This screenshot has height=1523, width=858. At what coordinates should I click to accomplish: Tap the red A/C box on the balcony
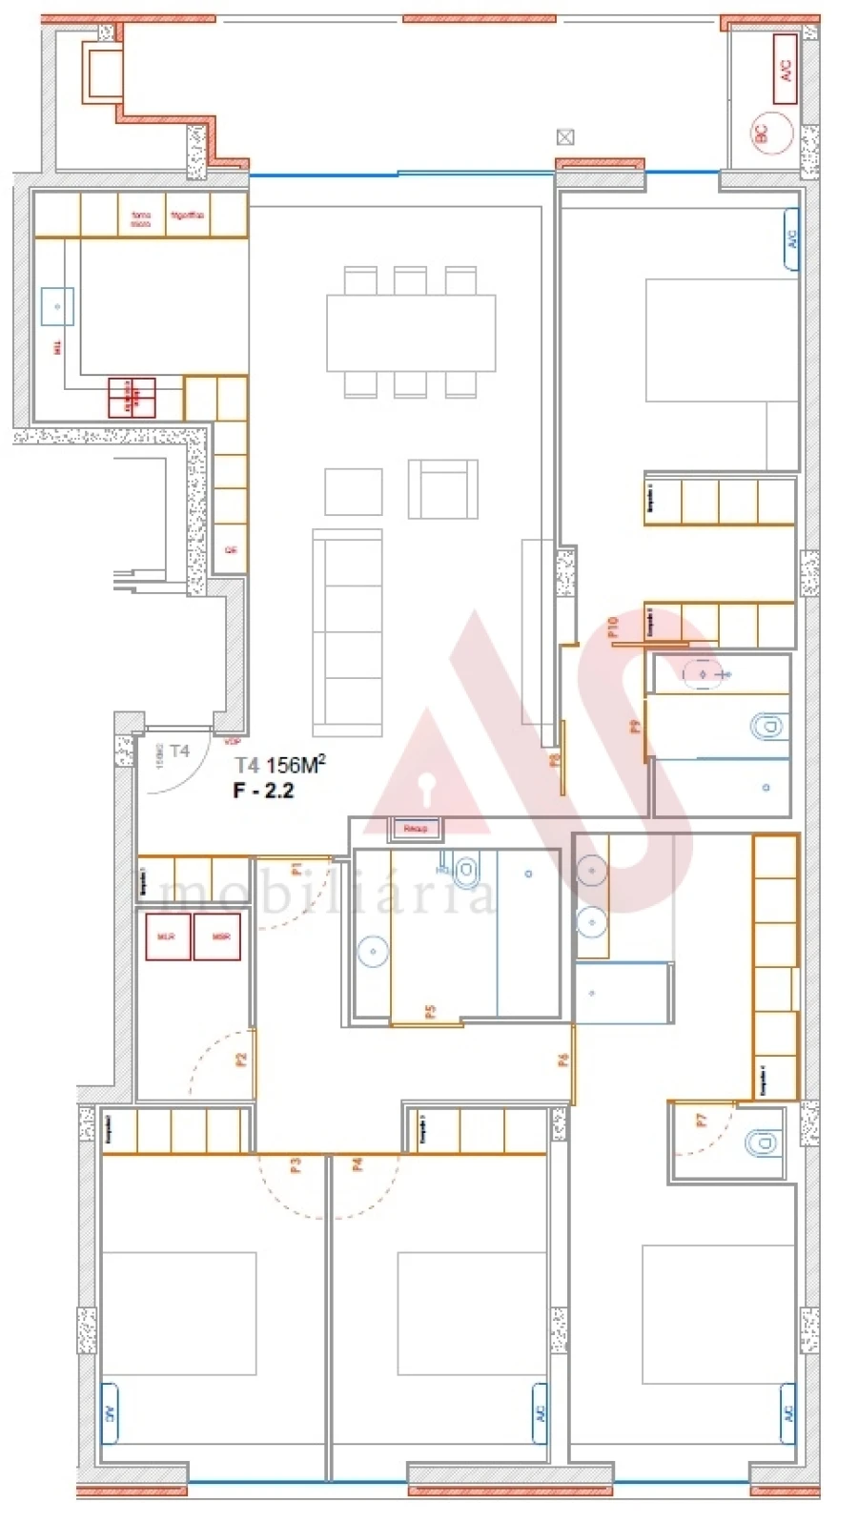coord(785,69)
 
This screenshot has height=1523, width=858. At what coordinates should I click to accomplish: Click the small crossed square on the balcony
coord(565,136)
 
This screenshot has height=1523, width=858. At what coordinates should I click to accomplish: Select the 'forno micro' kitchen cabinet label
coord(141,218)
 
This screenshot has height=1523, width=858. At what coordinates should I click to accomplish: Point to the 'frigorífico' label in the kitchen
coord(188,216)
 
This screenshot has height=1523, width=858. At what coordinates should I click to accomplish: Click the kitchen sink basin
coord(57,306)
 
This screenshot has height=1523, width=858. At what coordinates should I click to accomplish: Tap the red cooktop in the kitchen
coord(132,398)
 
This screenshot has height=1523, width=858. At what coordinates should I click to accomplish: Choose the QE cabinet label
coord(230,550)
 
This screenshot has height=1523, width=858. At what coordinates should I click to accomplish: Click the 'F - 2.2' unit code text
coord(263,790)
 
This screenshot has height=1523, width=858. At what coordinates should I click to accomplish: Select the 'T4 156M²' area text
coord(280,764)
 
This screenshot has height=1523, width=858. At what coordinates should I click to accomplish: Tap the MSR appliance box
coord(218,936)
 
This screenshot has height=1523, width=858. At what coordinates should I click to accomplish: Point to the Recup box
coord(415,829)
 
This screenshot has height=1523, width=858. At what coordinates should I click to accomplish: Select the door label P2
coord(241,1059)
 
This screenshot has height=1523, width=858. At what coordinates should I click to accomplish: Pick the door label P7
coord(702,1122)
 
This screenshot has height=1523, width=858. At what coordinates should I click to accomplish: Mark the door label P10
coord(613,626)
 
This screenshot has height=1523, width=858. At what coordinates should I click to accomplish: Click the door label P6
coord(563,1060)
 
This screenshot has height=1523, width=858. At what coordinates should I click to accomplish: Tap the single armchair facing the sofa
coord(443,488)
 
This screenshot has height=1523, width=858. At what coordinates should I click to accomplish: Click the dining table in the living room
coord(411,332)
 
